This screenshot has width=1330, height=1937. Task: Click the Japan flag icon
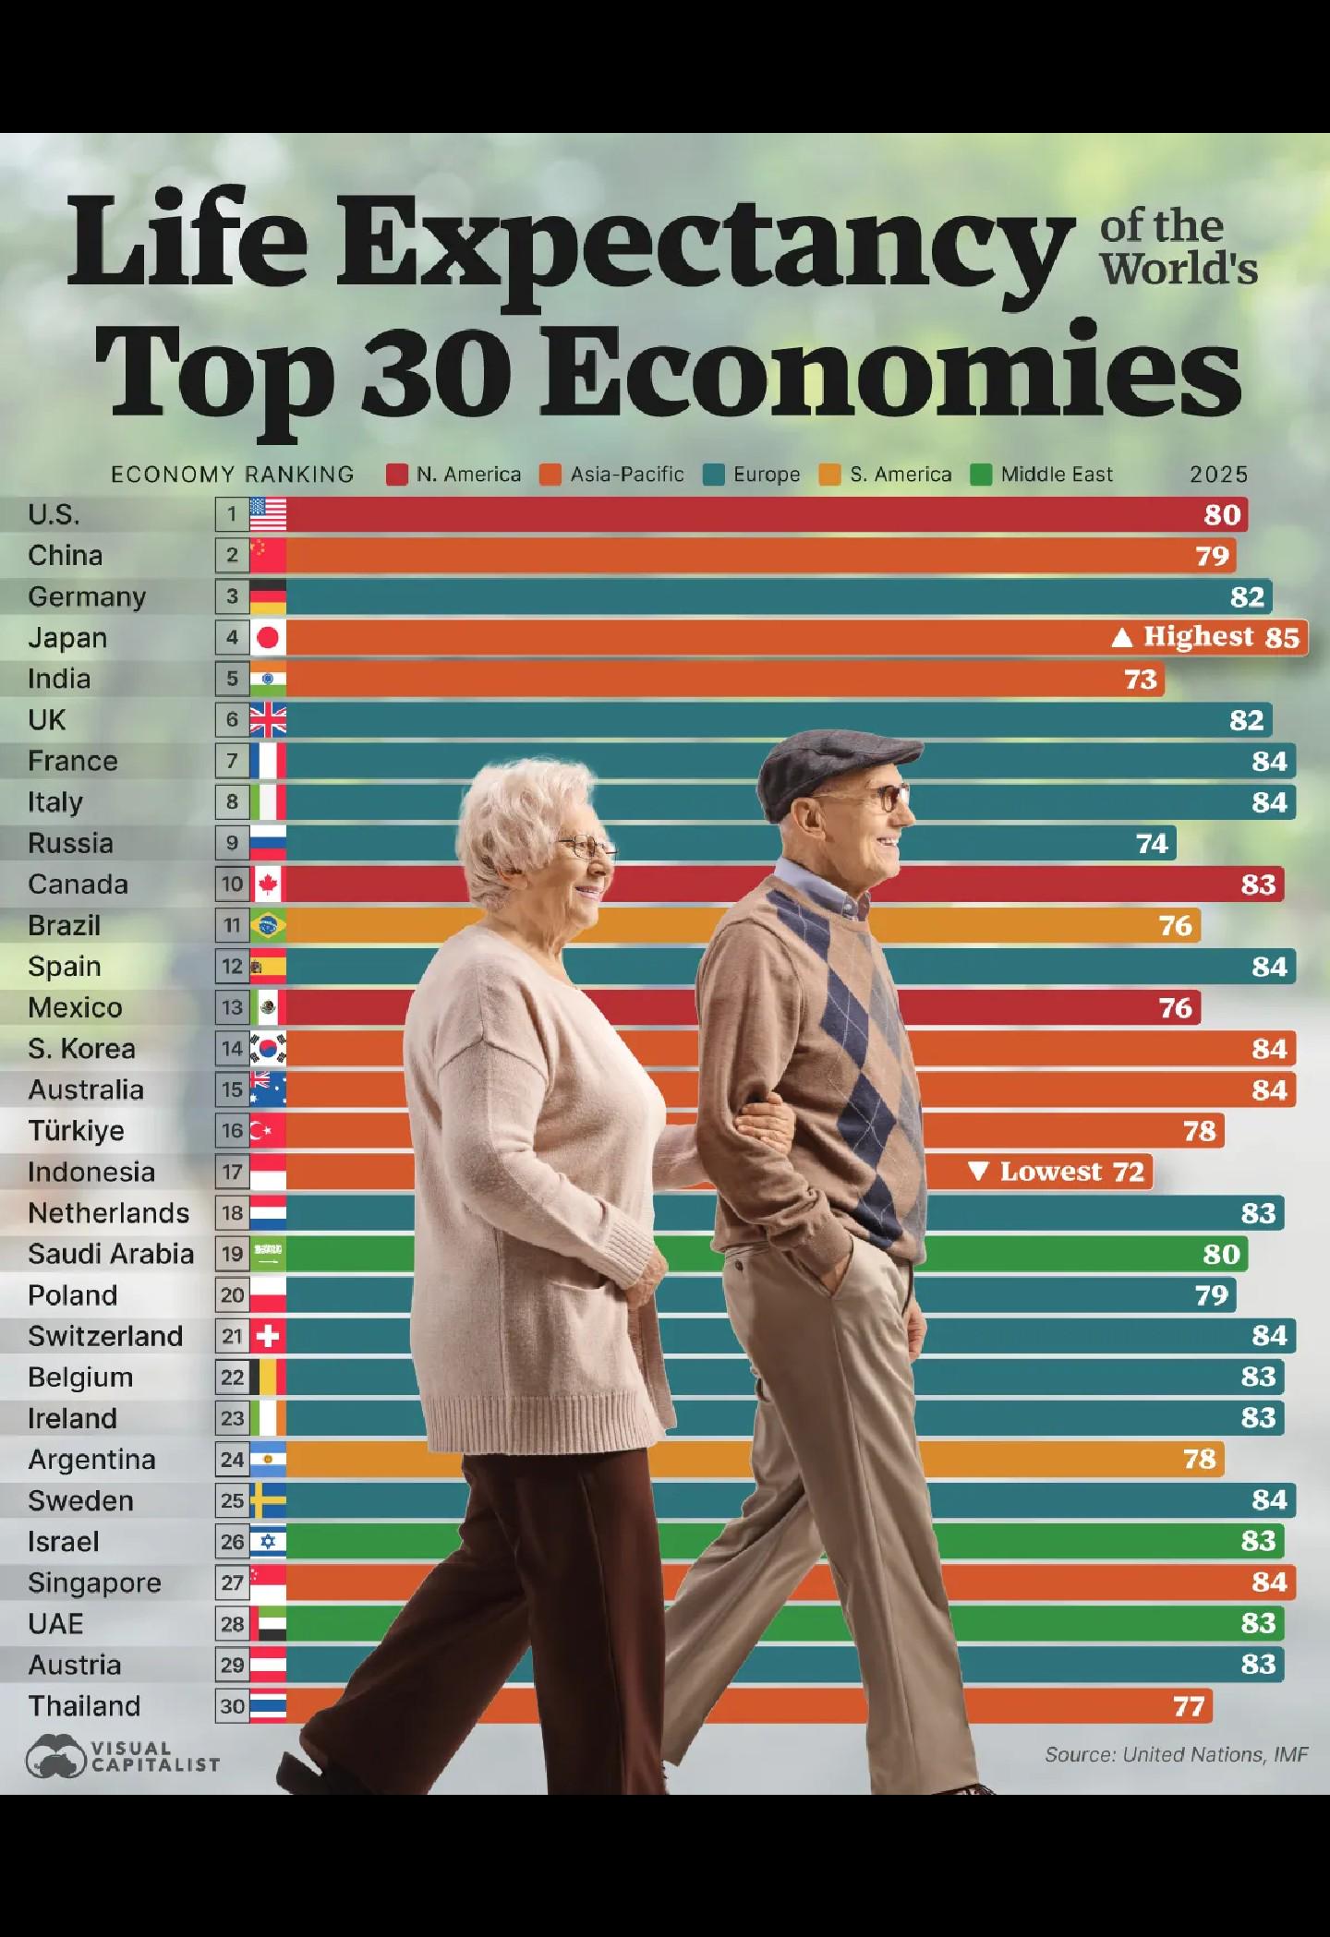[268, 637]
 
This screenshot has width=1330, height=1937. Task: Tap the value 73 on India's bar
[1141, 680]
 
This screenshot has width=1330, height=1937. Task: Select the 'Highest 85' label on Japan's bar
[1208, 637]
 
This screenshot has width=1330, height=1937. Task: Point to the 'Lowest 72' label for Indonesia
[1058, 1172]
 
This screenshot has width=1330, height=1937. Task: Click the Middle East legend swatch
[981, 475]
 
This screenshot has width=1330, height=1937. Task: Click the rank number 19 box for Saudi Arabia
[232, 1254]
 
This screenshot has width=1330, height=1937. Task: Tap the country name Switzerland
[105, 1336]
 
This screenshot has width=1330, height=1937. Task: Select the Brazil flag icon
[268, 925]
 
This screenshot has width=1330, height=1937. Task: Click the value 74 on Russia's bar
[1152, 844]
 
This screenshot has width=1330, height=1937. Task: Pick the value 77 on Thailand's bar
[1189, 1706]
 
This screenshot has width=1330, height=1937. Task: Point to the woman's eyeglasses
[586, 845]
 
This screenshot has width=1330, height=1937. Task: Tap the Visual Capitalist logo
[123, 1755]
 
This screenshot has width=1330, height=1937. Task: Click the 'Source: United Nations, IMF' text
[1176, 1754]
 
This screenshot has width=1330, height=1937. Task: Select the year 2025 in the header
[1218, 475]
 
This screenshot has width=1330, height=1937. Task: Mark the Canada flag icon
[268, 884]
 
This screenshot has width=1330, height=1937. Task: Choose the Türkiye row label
[76, 1131]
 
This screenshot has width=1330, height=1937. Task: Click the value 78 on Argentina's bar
[1199, 1460]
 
